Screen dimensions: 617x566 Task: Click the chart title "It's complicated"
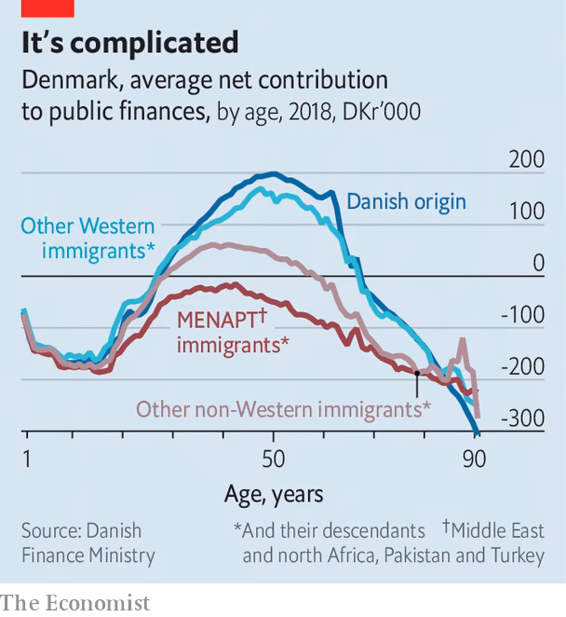(130, 43)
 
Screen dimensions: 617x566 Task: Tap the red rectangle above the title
(47, 8)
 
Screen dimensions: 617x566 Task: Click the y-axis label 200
(526, 159)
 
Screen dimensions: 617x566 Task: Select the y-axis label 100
(526, 212)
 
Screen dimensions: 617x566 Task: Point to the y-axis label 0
(538, 263)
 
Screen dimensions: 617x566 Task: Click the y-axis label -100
(521, 315)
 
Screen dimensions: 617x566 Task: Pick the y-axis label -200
(521, 366)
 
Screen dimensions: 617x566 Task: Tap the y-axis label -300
(521, 418)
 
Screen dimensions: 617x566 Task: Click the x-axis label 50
(273, 459)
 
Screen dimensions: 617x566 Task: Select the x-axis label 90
(474, 459)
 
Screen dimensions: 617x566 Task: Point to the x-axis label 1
(27, 459)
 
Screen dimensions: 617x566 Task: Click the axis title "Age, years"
(274, 494)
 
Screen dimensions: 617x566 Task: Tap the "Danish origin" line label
(406, 201)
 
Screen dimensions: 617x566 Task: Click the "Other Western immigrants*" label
(88, 239)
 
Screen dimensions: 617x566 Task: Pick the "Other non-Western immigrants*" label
(283, 409)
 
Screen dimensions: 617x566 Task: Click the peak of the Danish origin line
(272, 174)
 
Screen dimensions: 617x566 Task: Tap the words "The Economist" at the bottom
(74, 603)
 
